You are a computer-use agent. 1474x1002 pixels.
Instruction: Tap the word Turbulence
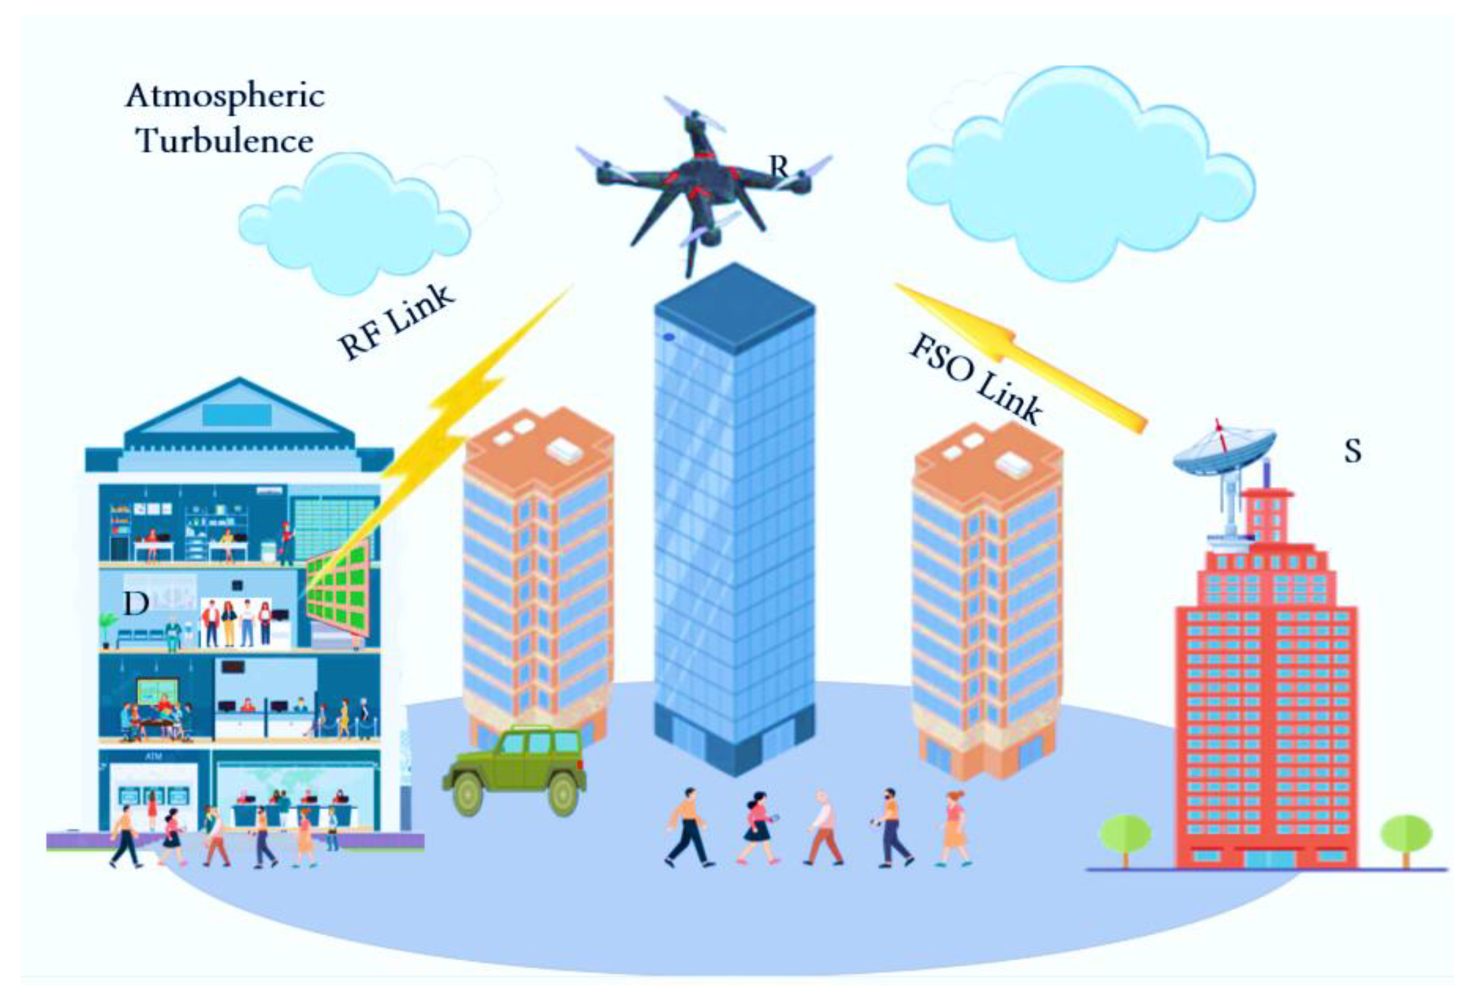point(225,141)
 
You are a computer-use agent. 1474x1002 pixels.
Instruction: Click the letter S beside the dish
point(1352,451)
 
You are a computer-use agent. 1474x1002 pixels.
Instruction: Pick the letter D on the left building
point(136,604)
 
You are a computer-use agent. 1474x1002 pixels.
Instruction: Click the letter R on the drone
point(778,166)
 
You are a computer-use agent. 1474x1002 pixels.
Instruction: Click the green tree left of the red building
point(1125,835)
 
